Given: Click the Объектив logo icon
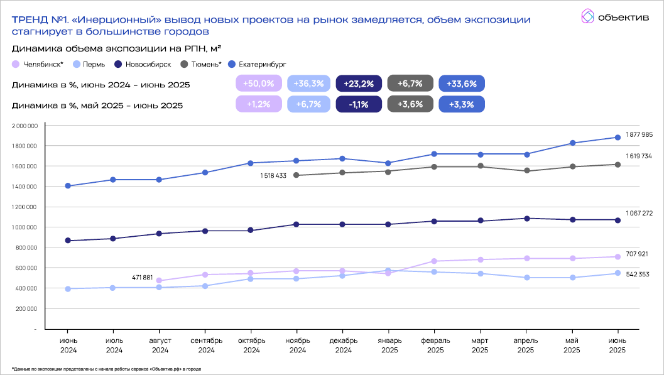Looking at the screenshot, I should click(x=587, y=16).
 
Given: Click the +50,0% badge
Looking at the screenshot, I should click(x=258, y=84).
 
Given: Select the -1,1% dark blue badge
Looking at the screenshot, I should click(x=359, y=104).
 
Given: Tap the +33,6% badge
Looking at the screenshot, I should click(x=462, y=84).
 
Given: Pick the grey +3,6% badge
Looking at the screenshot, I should click(x=410, y=104).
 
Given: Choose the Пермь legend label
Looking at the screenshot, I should click(x=93, y=64).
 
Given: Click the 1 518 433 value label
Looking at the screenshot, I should click(x=273, y=176).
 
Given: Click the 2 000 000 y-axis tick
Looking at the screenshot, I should click(x=26, y=126).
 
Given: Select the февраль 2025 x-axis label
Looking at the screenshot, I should click(x=433, y=345).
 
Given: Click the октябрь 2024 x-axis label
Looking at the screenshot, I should click(x=251, y=345).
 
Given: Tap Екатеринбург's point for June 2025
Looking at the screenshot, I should click(x=618, y=138).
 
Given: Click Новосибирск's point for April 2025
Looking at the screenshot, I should click(x=526, y=219).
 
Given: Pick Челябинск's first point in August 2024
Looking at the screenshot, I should click(x=159, y=281).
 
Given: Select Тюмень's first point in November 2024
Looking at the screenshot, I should click(x=297, y=175).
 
